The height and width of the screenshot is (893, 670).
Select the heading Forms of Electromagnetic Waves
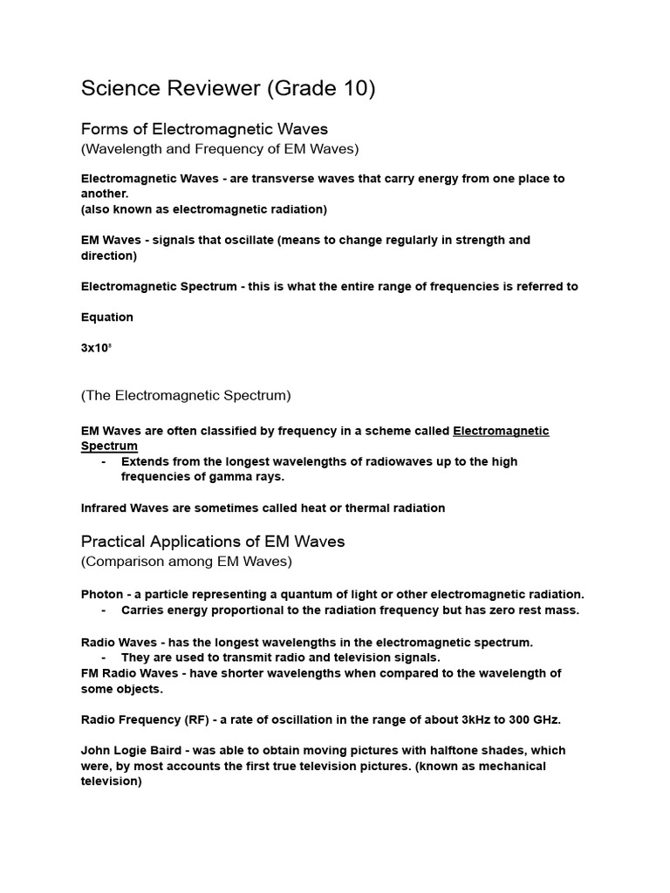tap(204, 129)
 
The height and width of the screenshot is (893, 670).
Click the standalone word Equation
tap(107, 317)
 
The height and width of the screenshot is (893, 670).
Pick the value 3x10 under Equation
tap(95, 348)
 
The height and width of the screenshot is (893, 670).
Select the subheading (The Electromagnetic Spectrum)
tap(186, 395)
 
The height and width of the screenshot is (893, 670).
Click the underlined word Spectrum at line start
tap(109, 446)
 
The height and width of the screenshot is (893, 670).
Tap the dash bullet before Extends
tap(105, 461)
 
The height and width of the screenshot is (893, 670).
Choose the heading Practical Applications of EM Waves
tap(213, 542)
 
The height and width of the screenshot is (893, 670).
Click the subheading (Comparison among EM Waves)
tap(187, 561)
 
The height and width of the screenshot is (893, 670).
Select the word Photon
tap(102, 594)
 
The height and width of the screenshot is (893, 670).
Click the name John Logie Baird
tap(132, 750)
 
